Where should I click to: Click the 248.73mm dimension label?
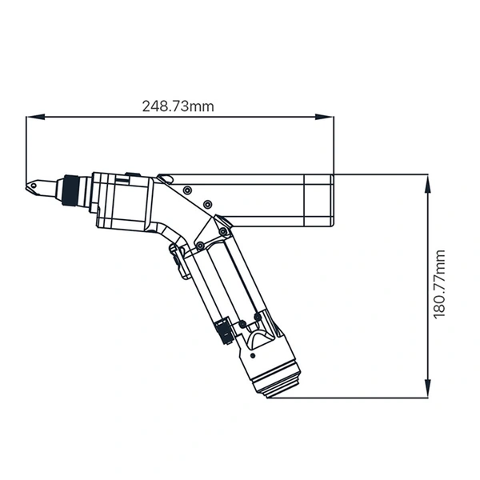click(x=178, y=106)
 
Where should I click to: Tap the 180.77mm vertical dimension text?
click(x=440, y=284)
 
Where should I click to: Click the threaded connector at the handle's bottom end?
click(x=274, y=386)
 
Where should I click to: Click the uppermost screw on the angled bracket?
click(x=186, y=191)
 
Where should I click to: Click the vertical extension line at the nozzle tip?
click(x=26, y=152)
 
